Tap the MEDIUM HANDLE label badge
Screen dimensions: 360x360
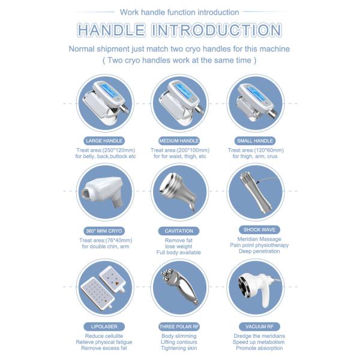[178, 140]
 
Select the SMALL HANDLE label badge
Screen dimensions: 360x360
[255, 140]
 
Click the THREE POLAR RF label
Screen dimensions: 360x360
[179, 326]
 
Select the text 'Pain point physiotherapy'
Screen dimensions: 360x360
[259, 245]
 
